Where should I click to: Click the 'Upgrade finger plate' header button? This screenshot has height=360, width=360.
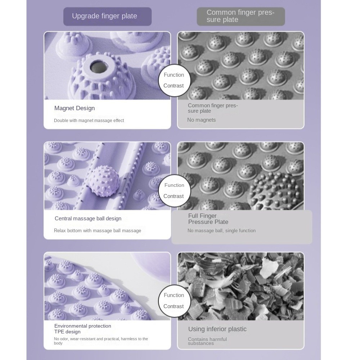click(x=107, y=16)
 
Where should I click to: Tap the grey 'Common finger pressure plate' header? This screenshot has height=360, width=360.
click(x=240, y=16)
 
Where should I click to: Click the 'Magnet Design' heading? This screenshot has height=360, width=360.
click(x=75, y=108)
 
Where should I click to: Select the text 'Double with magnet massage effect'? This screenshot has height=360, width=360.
click(x=89, y=121)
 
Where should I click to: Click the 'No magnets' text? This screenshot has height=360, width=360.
click(x=201, y=120)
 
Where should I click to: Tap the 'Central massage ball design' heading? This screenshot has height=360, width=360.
click(x=88, y=219)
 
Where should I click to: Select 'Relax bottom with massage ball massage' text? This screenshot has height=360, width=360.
click(x=98, y=230)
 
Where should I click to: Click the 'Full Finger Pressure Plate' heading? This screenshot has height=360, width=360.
click(x=208, y=219)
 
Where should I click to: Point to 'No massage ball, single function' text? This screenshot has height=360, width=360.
click(x=221, y=230)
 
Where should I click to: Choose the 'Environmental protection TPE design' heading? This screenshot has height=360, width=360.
click(x=83, y=329)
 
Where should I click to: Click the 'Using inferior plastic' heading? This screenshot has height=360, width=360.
click(x=217, y=329)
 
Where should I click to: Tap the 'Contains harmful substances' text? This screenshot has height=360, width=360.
click(x=207, y=341)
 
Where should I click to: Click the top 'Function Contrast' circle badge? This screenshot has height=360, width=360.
click(x=174, y=80)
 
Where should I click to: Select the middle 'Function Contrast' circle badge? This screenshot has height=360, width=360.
click(x=174, y=191)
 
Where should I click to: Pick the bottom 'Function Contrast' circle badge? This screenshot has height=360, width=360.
click(x=174, y=301)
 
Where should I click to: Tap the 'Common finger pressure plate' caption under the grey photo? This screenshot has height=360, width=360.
click(x=213, y=108)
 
